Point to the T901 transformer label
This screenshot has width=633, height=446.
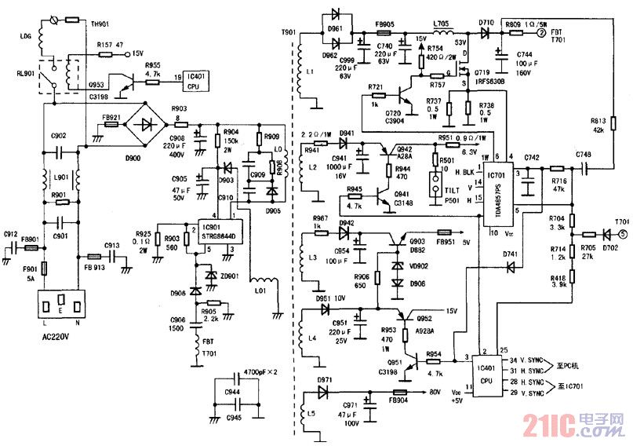(x=288, y=33)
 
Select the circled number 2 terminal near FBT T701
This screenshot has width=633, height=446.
(x=540, y=34)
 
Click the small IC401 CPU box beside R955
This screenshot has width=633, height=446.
(x=196, y=79)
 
